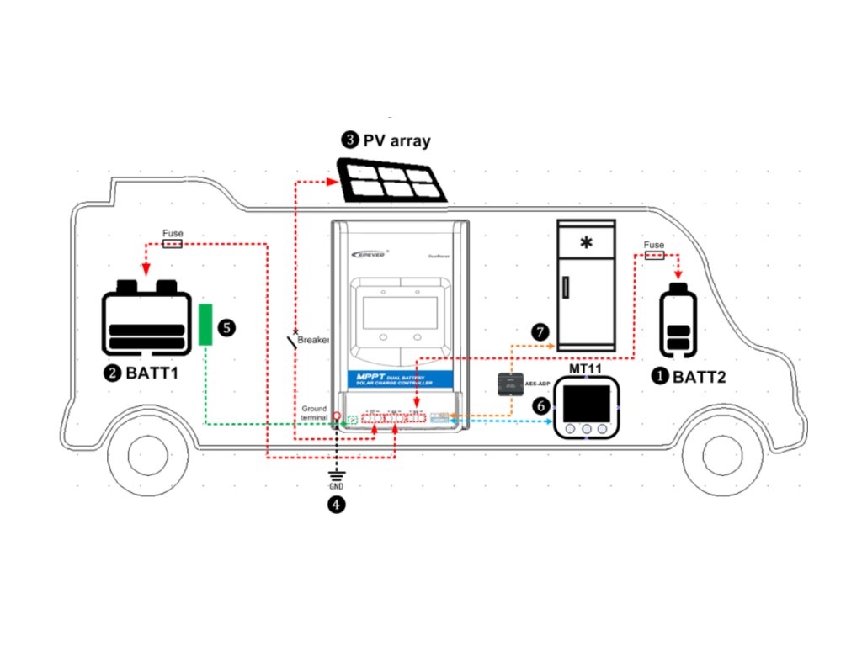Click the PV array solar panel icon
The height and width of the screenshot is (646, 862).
click(x=394, y=180)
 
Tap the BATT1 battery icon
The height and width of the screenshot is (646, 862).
click(x=146, y=315)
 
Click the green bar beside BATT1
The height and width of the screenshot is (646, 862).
click(x=205, y=326)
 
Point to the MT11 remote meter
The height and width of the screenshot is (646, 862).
click(x=587, y=408)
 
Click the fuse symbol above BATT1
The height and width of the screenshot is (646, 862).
click(x=173, y=244)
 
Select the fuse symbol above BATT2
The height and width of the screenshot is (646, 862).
click(x=653, y=254)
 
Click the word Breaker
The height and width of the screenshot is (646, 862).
click(x=313, y=340)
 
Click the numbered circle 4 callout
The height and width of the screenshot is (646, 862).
click(x=337, y=505)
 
